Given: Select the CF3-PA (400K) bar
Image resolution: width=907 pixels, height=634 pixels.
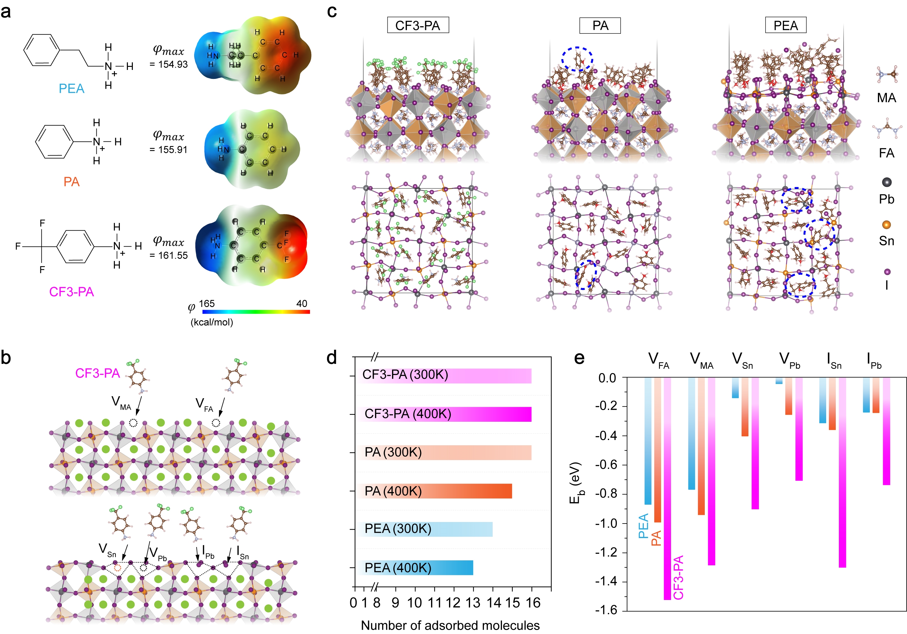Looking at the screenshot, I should [445, 414].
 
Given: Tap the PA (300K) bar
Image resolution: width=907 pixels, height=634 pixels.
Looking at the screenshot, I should [445, 452].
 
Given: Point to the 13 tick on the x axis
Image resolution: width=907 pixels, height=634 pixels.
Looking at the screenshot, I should [473, 603].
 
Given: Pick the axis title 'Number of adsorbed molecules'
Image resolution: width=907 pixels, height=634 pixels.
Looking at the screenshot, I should [450, 625].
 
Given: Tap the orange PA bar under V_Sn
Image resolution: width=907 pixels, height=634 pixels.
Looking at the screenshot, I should [745, 407].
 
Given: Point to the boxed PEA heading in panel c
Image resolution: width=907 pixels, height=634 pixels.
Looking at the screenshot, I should [785, 26].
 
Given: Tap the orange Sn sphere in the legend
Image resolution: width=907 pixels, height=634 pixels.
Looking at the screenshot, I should [887, 225].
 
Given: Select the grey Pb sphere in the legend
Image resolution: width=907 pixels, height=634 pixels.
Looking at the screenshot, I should [887, 182].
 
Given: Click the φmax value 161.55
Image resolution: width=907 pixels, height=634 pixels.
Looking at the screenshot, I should [169, 255].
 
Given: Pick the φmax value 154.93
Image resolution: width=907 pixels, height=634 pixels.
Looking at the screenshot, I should [169, 64].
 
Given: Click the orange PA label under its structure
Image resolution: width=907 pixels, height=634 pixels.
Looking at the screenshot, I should [72, 182].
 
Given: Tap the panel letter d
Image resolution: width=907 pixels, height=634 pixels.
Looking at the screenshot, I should [332, 358].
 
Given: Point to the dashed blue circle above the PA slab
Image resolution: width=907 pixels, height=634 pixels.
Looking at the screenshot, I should [577, 59].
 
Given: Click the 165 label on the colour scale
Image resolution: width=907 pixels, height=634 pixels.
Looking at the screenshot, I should [207, 304].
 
